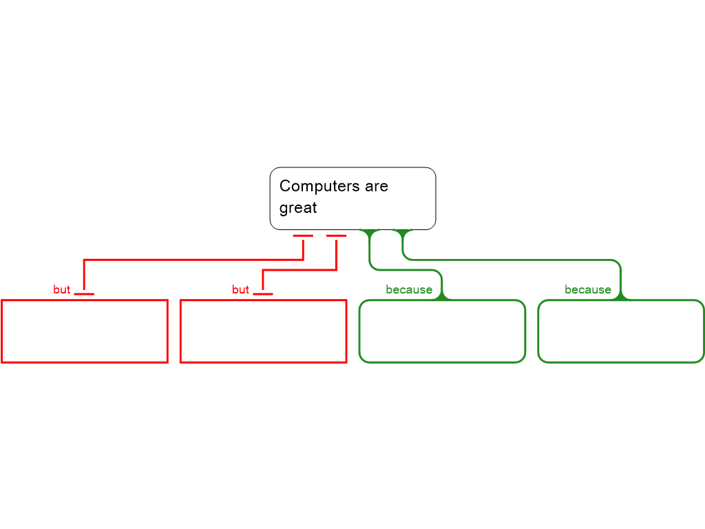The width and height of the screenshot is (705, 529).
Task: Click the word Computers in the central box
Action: coord(310,186)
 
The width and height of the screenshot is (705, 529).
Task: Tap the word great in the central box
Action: coord(298,208)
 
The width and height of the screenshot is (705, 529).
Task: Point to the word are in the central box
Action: coord(377,186)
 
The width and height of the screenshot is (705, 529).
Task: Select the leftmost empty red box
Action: coord(85,331)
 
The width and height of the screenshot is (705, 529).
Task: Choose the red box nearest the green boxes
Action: coord(263,331)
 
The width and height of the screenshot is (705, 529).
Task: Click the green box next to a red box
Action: coord(442,331)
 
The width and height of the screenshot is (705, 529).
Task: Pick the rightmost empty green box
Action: coord(621,331)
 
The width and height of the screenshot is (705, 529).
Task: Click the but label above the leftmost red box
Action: coord(62,290)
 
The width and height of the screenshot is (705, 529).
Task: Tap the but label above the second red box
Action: coord(241,290)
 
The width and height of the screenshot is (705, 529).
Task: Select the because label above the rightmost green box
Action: coord(588,290)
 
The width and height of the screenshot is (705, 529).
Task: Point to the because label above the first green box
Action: coord(409,290)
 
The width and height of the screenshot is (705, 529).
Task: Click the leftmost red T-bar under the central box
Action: coord(303,236)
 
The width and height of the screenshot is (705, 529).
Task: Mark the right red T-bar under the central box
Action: coord(336,236)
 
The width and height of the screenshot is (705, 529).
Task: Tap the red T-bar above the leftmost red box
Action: coord(84,294)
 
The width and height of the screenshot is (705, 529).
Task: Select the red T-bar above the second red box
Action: coord(263,294)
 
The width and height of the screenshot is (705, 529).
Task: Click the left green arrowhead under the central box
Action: coord(370,233)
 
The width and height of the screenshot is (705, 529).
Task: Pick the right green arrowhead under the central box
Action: coord(403,233)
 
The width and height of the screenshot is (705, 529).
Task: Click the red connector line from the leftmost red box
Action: coord(193,260)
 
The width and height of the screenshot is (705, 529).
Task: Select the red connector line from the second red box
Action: coord(299,271)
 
